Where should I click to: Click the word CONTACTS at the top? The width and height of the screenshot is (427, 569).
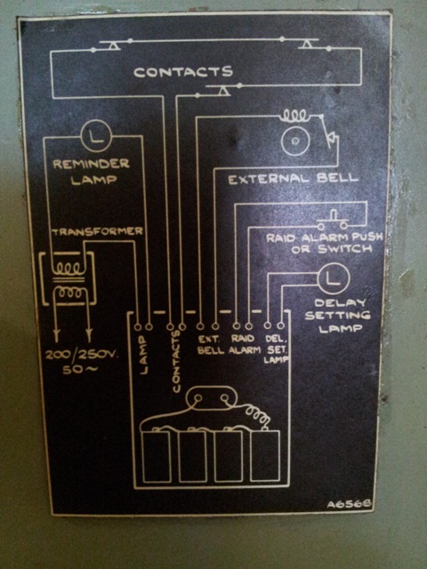[183, 72]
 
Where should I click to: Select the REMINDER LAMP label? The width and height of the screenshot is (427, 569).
[92, 172]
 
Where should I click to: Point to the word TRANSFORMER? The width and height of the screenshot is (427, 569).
[97, 231]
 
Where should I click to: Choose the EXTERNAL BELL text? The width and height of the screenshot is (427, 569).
[294, 179]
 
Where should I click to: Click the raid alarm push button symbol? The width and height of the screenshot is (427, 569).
[332, 220]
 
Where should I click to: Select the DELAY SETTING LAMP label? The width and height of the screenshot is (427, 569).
[338, 316]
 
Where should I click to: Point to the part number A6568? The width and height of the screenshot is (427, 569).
[349, 504]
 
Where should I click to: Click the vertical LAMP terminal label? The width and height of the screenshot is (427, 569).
[144, 356]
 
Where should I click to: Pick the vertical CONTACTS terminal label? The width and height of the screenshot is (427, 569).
[176, 362]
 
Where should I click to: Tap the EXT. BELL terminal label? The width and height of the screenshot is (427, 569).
[211, 345]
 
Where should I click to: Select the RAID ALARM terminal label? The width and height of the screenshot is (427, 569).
[245, 345]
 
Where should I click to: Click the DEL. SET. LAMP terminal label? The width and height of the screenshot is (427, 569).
[277, 349]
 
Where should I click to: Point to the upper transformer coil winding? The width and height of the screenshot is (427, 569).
[69, 268]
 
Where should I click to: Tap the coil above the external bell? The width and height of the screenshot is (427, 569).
[294, 116]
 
